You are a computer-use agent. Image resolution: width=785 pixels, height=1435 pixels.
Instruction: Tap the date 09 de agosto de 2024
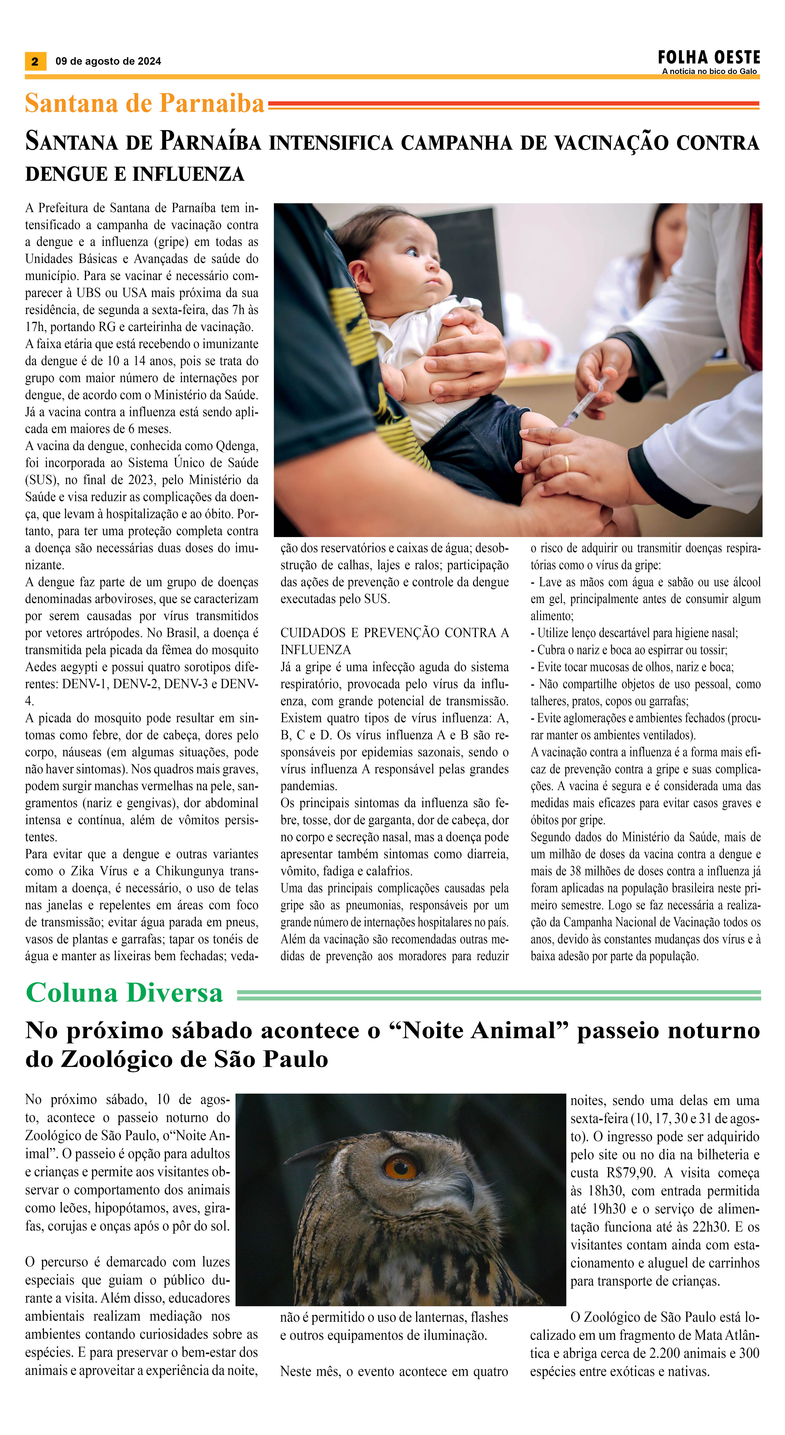pos(108,61)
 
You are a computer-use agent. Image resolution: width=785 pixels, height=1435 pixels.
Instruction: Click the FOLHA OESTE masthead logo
pos(709,57)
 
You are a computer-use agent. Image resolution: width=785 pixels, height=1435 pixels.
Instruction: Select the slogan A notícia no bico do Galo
pos(709,71)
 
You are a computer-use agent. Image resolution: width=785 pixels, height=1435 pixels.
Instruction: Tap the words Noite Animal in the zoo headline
pos(479,1031)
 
